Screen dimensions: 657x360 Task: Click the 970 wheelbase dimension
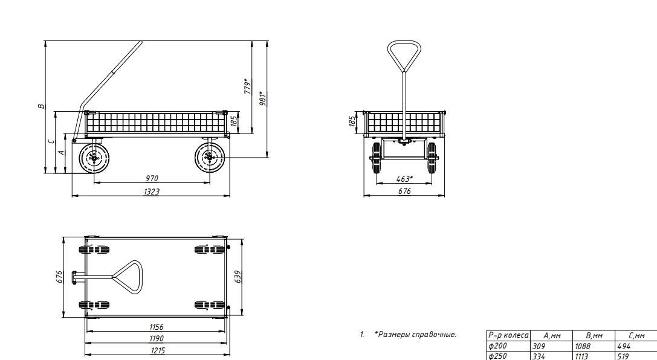point(152,178)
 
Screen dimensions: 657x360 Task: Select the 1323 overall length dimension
point(152,191)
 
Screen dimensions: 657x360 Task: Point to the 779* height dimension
point(248,86)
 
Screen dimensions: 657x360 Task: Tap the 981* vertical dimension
point(263,98)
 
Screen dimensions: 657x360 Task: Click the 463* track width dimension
point(404,179)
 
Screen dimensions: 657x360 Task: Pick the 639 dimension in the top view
point(238,277)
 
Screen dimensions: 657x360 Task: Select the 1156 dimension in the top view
point(157,327)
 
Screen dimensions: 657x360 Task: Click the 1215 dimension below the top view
point(158,350)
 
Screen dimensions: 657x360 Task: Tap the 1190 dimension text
point(157,339)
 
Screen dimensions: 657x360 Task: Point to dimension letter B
point(41,106)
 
